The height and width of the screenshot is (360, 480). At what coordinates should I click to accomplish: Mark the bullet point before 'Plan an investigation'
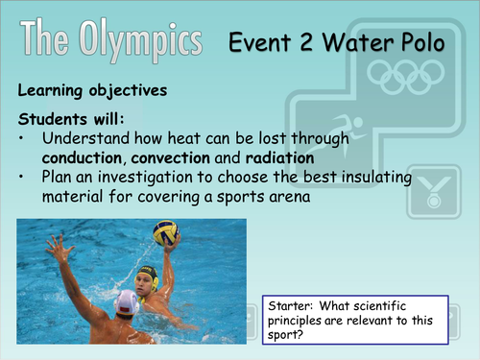24,179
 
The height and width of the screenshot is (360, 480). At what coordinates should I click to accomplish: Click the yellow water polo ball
166,232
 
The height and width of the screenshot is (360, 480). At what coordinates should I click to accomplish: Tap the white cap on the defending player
126,304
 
